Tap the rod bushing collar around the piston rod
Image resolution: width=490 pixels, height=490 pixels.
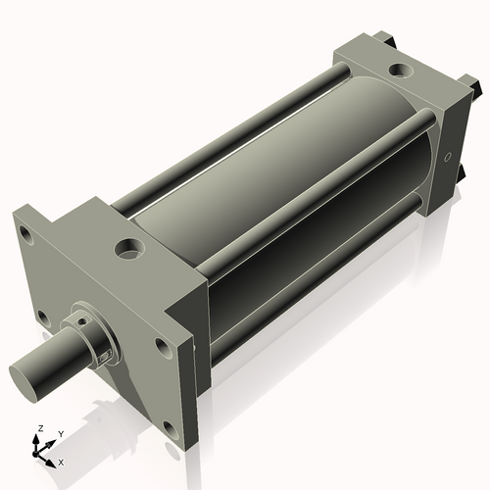[x=92, y=339]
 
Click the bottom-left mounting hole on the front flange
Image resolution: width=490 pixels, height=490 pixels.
[x=42, y=317]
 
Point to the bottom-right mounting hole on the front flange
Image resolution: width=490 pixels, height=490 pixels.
[x=170, y=427]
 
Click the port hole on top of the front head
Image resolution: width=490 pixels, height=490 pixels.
[x=128, y=250]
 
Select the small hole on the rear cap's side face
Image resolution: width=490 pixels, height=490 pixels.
[x=449, y=156]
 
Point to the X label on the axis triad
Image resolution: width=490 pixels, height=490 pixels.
[x=62, y=461]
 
